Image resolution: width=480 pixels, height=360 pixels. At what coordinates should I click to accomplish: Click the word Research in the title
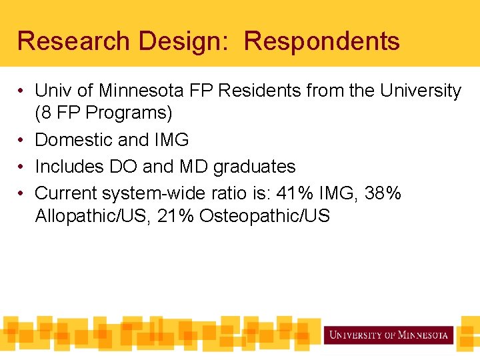(73, 41)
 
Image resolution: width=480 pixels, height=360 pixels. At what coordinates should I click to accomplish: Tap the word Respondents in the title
(321, 41)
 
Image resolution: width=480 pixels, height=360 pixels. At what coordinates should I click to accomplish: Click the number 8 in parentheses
(44, 113)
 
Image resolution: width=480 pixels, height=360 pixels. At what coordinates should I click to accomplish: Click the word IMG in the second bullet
(171, 140)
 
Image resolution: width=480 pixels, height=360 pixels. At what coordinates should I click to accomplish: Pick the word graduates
(254, 167)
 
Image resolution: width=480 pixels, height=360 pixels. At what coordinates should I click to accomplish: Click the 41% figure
(296, 193)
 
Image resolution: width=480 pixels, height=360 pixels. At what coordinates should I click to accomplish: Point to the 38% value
(383, 193)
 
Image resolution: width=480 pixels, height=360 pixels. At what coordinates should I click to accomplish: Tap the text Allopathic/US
(93, 216)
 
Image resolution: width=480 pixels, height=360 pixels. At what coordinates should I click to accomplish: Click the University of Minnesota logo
(389, 335)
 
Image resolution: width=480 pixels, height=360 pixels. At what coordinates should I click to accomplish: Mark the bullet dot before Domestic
(22, 140)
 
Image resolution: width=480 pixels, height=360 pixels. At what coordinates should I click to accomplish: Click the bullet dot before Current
(22, 193)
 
